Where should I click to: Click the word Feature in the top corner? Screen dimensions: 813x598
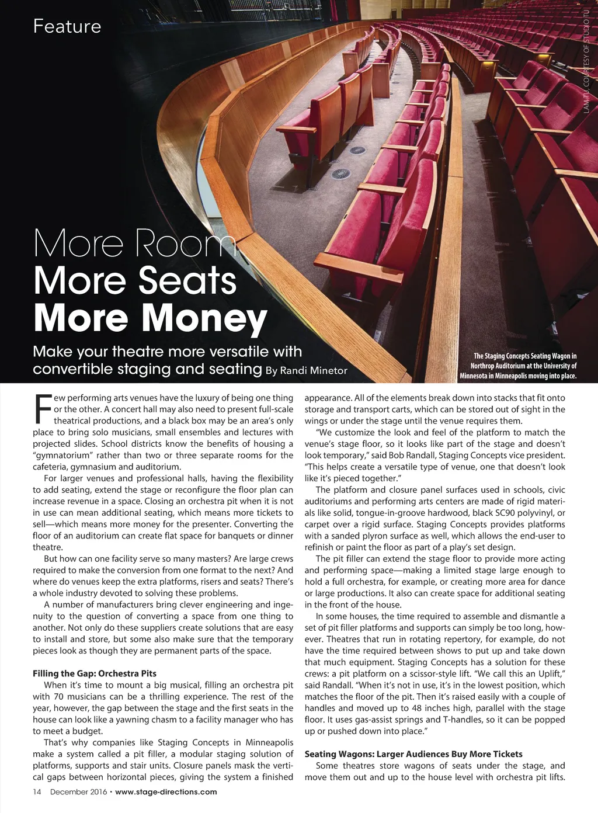point(67,26)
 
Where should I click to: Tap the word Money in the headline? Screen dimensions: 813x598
point(204,318)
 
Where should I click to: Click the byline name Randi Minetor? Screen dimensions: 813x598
point(314,370)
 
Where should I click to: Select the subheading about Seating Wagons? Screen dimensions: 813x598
point(413,754)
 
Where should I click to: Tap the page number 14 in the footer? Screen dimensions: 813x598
point(37,792)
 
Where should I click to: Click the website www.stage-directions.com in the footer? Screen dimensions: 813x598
point(166,792)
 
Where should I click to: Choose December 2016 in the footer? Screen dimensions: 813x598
point(78,792)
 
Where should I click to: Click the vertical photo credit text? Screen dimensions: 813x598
point(587,58)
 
